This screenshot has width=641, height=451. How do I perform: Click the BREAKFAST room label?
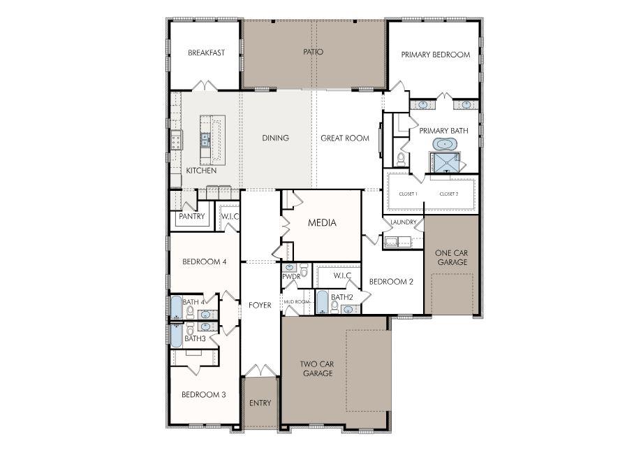(206, 52)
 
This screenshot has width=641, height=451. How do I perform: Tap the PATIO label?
(313, 52)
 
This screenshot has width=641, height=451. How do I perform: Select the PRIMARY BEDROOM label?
(435, 55)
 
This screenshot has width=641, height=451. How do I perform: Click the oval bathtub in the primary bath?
(443, 144)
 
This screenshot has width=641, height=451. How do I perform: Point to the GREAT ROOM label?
(344, 138)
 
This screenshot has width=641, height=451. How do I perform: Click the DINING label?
(275, 138)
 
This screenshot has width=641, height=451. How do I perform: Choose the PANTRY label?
(191, 217)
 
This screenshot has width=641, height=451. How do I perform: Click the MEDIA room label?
(322, 223)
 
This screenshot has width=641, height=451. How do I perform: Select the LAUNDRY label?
(403, 222)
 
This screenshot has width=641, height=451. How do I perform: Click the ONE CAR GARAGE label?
(451, 257)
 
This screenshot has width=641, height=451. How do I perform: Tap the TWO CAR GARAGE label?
(318, 368)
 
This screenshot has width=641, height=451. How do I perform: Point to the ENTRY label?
(260, 403)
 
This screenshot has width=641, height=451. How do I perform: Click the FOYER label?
(260, 306)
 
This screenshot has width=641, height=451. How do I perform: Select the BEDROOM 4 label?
(204, 262)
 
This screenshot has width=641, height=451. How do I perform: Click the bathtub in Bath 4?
(177, 307)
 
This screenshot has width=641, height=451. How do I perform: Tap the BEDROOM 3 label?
(203, 394)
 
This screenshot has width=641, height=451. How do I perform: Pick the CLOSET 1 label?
(408, 194)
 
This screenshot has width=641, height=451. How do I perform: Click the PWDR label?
(290, 277)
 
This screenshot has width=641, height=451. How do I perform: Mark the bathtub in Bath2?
(322, 302)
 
